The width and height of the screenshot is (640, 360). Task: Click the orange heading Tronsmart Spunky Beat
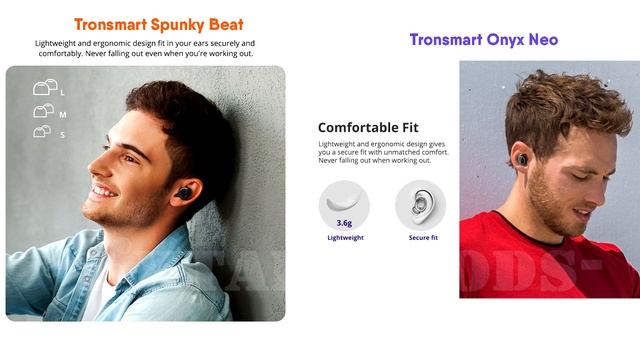pyautogui.click(x=158, y=24)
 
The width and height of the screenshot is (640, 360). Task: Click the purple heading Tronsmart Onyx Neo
pyautogui.click(x=483, y=40)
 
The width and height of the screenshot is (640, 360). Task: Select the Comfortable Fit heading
pyautogui.click(x=368, y=127)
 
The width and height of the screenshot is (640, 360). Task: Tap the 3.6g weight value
pyautogui.click(x=343, y=224)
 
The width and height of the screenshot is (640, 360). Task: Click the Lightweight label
pyautogui.click(x=345, y=238)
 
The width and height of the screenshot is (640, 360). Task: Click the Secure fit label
pyautogui.click(x=421, y=238)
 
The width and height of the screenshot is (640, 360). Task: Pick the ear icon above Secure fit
pyautogui.click(x=420, y=204)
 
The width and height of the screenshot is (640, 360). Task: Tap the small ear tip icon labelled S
pyautogui.click(x=43, y=131)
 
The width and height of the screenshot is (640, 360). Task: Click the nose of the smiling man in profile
pyautogui.click(x=89, y=165)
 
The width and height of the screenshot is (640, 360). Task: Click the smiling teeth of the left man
pyautogui.click(x=104, y=190)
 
